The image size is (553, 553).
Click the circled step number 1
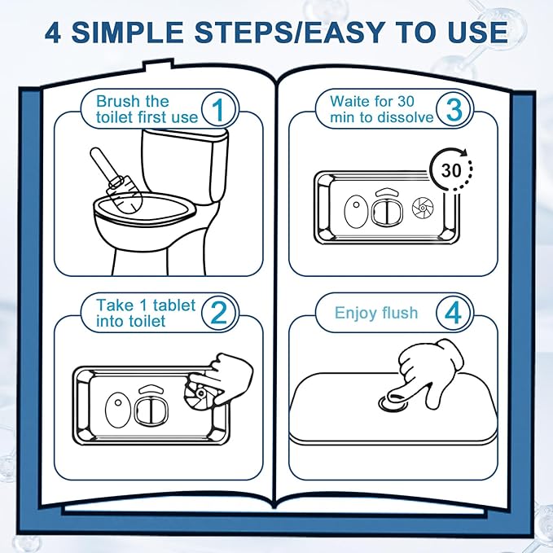(218, 109)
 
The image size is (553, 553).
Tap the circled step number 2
(218, 313)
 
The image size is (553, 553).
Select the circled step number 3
(454, 109)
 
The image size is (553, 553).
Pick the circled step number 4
(453, 313)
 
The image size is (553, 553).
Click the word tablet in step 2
(174, 305)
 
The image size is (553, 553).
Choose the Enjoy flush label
(376, 313)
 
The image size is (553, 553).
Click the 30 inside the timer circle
(451, 171)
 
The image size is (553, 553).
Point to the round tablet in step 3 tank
(423, 208)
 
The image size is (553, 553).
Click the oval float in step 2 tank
(118, 409)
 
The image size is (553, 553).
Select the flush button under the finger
(393, 403)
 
